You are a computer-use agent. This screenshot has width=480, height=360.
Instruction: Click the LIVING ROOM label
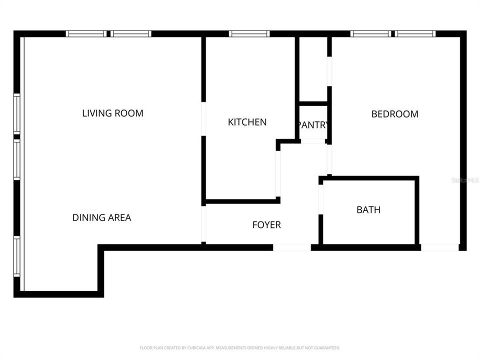click(112, 113)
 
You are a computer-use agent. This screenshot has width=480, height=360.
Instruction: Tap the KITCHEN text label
click(247, 122)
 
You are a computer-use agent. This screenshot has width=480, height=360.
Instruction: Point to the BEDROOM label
click(394, 114)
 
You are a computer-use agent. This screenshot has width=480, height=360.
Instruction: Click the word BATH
click(368, 210)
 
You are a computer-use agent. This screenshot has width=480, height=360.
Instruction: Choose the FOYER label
click(266, 225)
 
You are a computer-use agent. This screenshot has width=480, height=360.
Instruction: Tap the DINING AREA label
click(101, 217)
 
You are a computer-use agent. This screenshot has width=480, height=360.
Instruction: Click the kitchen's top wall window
click(249, 34)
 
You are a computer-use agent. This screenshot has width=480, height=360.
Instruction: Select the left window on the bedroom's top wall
click(370, 34)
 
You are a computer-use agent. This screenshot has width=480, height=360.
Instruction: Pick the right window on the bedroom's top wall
click(415, 34)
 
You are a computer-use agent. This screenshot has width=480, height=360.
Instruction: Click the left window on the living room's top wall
click(86, 34)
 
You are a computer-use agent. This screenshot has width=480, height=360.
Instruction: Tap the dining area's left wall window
click(17, 256)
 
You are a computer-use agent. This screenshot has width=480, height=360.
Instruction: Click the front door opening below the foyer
click(291, 247)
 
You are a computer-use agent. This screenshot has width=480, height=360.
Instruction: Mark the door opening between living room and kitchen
click(203, 118)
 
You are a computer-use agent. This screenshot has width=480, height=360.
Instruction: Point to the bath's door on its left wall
click(321, 199)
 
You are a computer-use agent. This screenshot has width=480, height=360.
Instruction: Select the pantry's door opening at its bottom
click(313, 141)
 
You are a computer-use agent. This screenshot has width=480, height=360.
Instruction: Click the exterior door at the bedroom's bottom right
click(439, 247)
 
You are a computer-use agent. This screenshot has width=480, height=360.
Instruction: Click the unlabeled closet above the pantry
click(313, 68)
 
